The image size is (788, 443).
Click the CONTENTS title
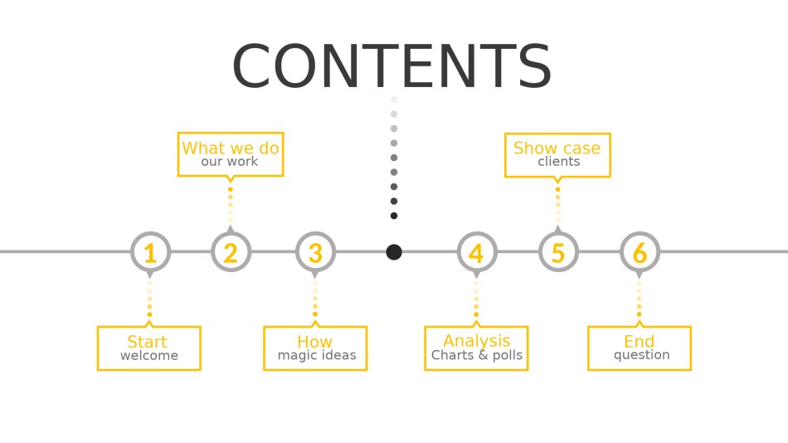click(392, 66)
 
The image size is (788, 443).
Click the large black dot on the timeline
click(394, 252)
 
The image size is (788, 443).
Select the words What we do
click(230, 148)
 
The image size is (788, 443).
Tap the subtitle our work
click(230, 162)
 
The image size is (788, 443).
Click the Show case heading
click(557, 148)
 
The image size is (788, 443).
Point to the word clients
click(559, 162)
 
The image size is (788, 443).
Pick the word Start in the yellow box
click(147, 342)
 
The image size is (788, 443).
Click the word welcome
click(149, 356)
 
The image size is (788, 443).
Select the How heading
click(314, 342)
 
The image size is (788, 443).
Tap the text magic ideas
click(317, 356)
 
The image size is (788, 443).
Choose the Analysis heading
click(476, 341)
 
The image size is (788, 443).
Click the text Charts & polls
click(477, 355)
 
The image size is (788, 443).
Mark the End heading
click(639, 342)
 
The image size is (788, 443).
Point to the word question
click(642, 355)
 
